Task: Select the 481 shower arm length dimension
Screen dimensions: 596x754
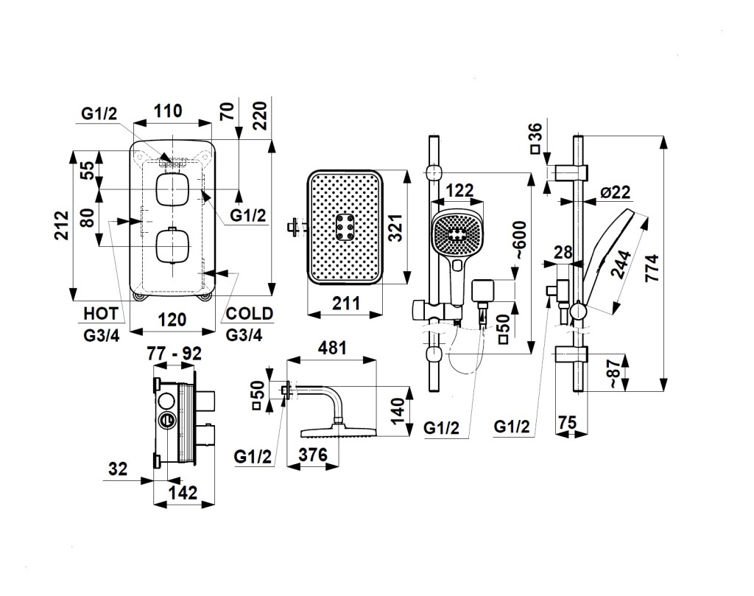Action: point(331,348)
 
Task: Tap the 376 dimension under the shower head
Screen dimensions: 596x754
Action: point(313,455)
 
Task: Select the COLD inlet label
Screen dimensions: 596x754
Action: point(249,313)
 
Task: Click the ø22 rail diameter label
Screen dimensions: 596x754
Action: point(615,192)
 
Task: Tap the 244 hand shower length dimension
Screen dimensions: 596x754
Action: point(620,263)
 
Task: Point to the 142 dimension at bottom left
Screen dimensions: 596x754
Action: point(183,493)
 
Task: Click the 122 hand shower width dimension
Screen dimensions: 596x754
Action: point(459,191)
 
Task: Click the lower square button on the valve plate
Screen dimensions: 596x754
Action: point(173,246)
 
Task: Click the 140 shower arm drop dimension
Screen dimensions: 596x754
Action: point(398,407)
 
